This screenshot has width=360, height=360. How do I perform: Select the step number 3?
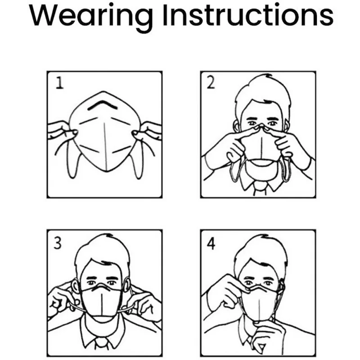tap(57, 243)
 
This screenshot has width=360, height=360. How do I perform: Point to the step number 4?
tap(211, 243)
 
